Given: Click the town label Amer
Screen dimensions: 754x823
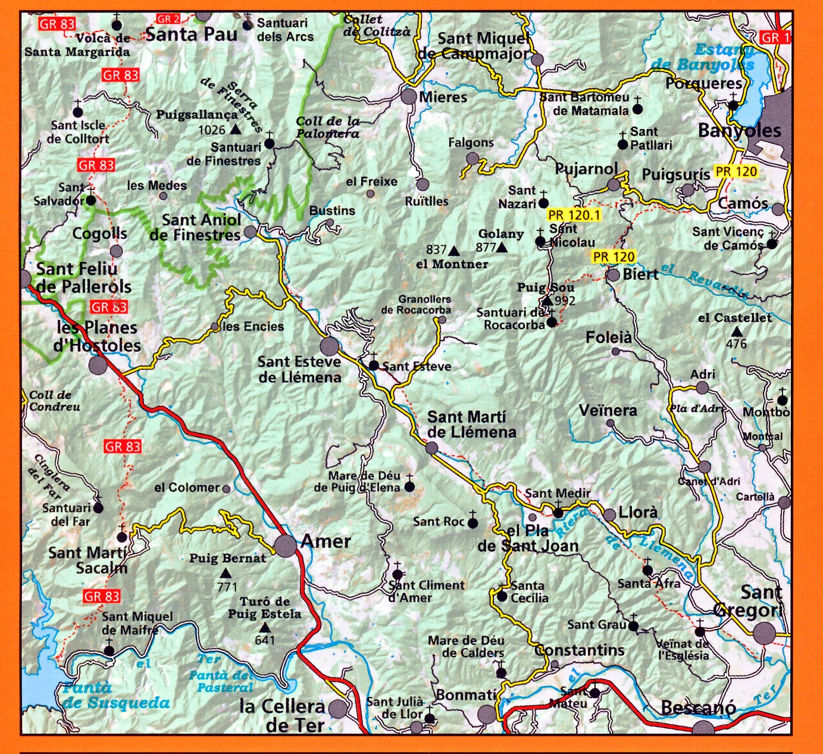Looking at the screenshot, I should pyautogui.click(x=326, y=542).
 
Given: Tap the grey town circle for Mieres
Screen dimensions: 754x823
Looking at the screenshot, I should pyautogui.click(x=409, y=96).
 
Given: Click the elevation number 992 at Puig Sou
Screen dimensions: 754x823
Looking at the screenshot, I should pyautogui.click(x=565, y=301).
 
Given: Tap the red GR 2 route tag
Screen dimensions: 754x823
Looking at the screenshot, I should pyautogui.click(x=168, y=20).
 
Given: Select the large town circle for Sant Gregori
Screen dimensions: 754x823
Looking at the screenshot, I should pyautogui.click(x=765, y=633).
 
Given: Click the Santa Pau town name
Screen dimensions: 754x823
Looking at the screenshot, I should pyautogui.click(x=191, y=34).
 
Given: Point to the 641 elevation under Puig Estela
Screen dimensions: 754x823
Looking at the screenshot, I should pyautogui.click(x=265, y=640).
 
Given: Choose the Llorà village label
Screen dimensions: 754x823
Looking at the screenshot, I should pyautogui.click(x=639, y=512).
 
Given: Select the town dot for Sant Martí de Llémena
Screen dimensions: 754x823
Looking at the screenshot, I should pyautogui.click(x=432, y=448).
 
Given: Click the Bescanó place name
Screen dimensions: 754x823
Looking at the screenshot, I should pyautogui.click(x=698, y=708).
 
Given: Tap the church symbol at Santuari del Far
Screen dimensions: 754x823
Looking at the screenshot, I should pyautogui.click(x=98, y=507).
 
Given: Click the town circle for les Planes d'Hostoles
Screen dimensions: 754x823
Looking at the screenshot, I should pyautogui.click(x=98, y=364).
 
